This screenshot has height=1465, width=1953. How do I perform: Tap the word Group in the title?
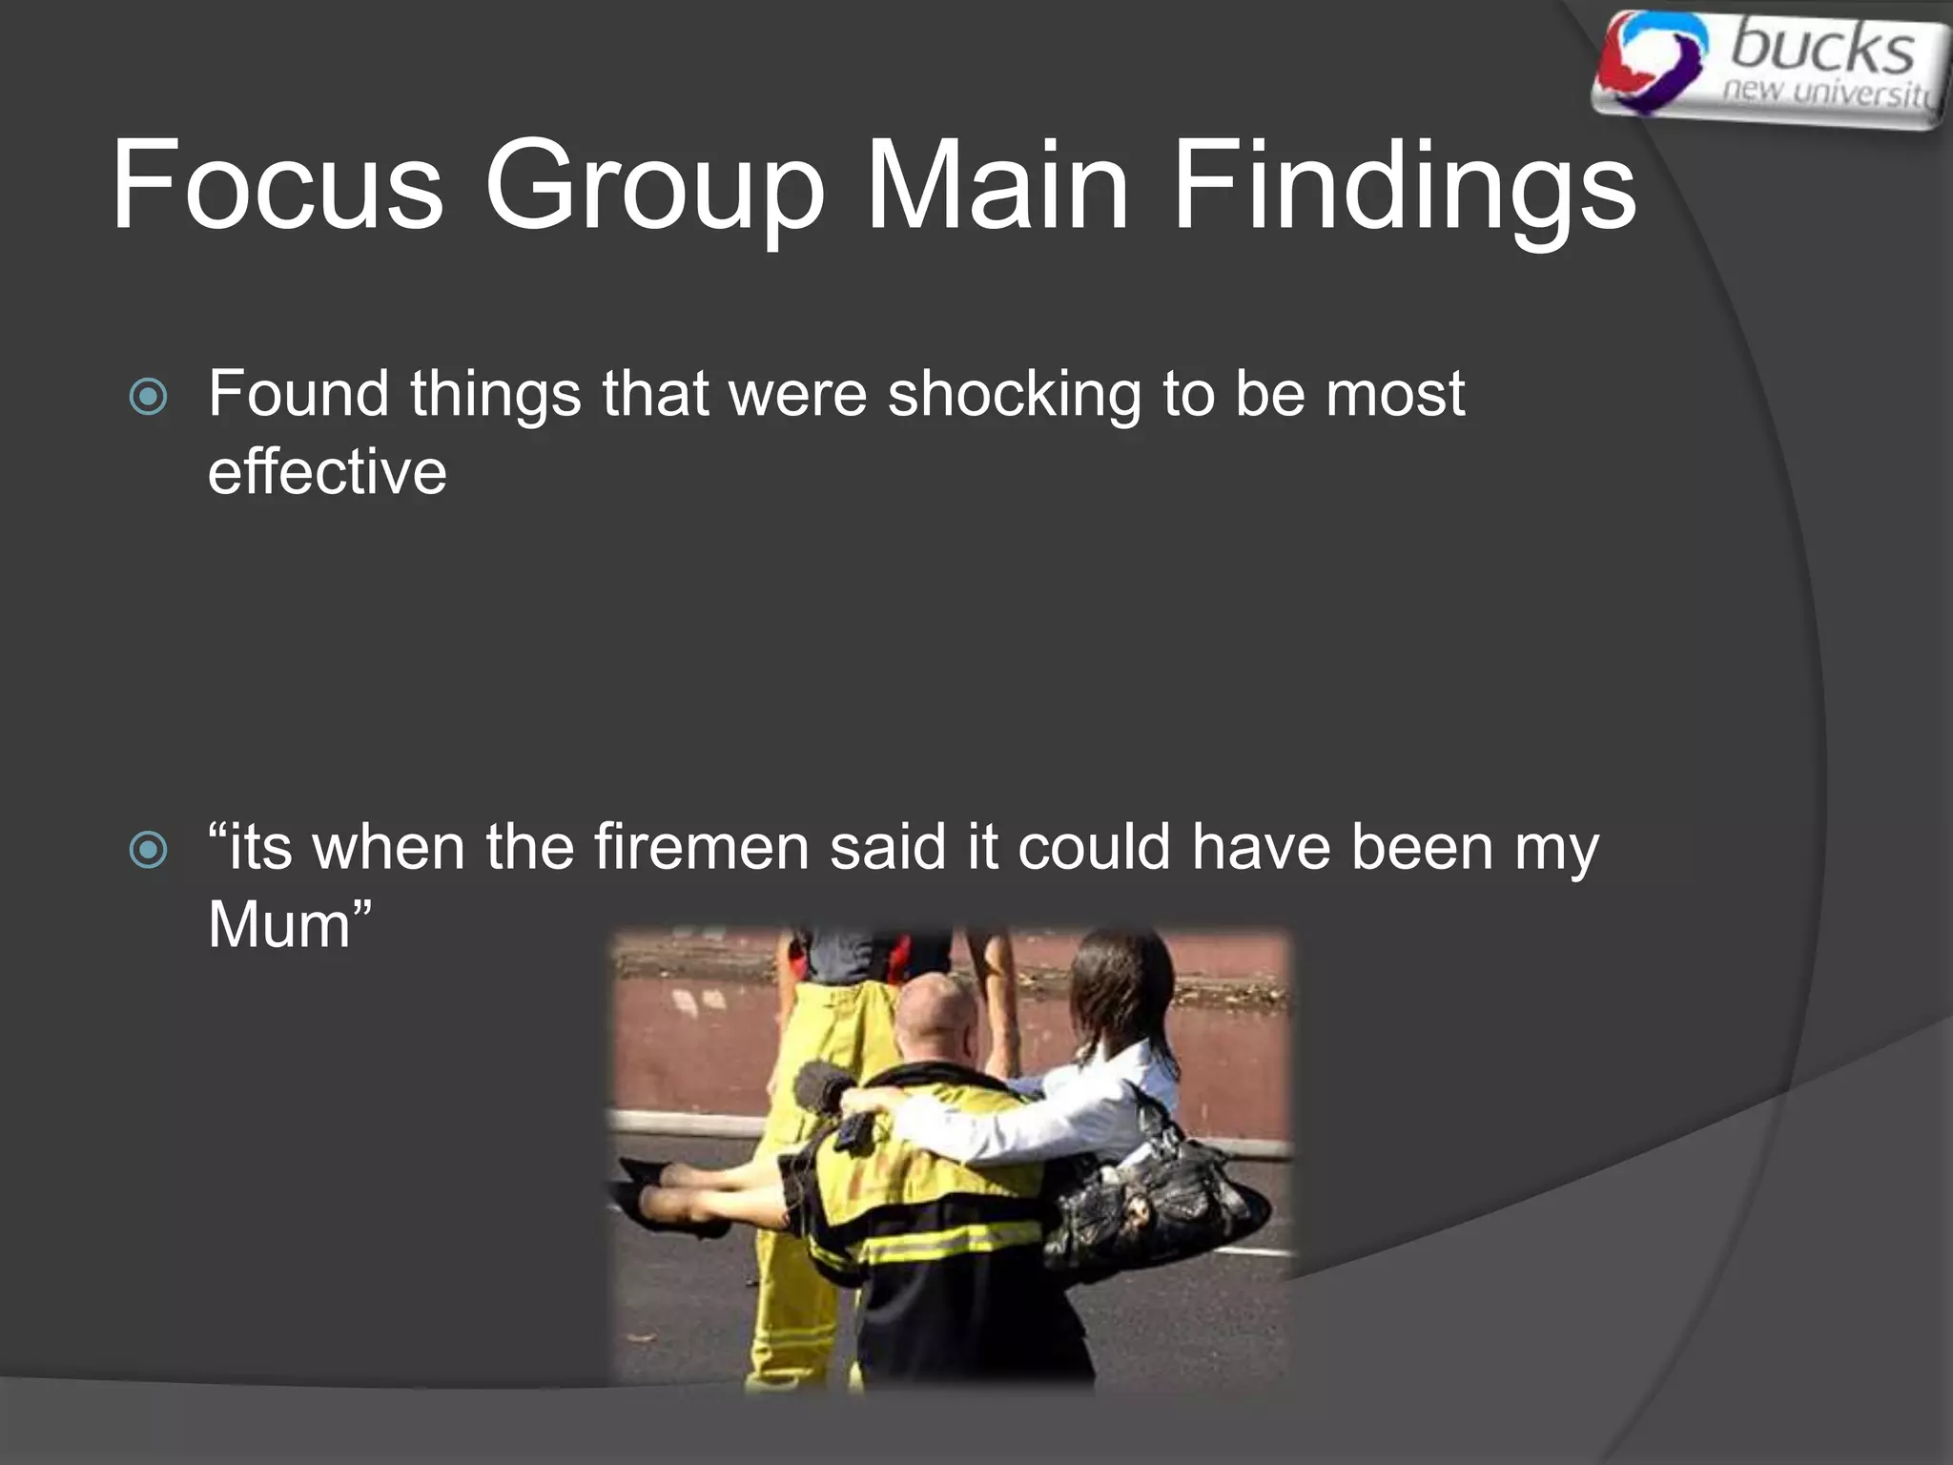(654, 186)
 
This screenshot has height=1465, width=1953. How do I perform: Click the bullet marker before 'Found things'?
(148, 396)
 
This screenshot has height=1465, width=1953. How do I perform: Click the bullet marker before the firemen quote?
(148, 849)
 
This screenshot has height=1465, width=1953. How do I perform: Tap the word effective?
(327, 472)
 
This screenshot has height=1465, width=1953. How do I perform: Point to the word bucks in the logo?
(1821, 48)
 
